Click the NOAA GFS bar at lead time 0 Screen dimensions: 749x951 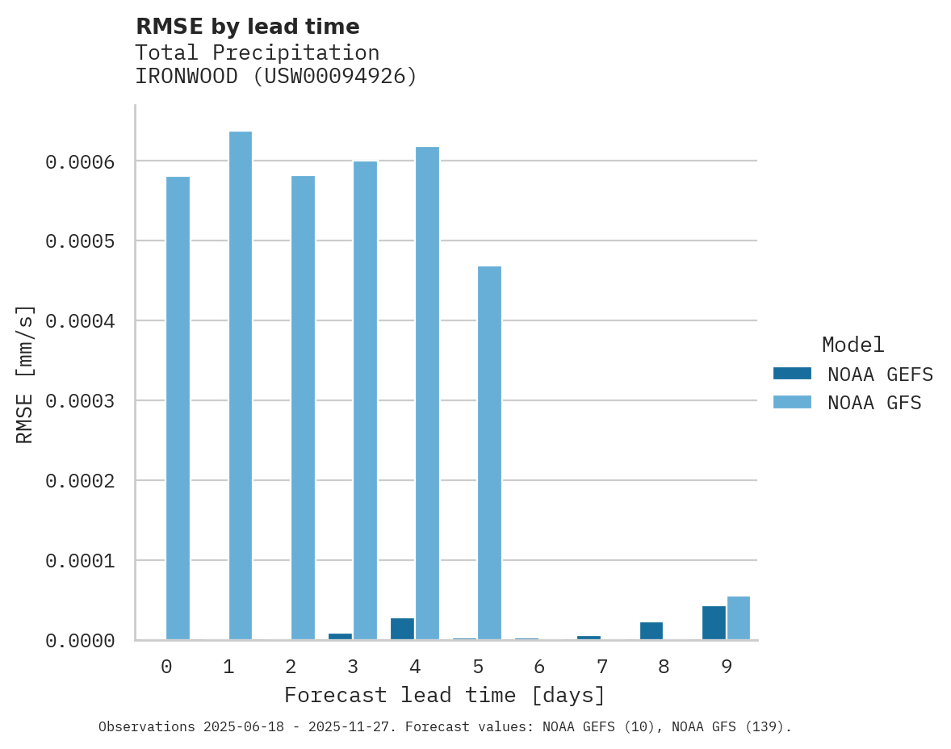(x=178, y=408)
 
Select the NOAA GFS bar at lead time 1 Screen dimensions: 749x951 (x=240, y=385)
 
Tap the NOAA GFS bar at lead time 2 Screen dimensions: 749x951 (x=303, y=408)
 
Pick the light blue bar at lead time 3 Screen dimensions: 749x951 (x=365, y=400)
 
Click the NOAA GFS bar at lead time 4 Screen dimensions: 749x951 (x=427, y=393)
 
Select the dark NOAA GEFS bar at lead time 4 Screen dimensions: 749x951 (x=402, y=629)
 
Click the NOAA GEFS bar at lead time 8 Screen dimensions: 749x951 (x=651, y=630)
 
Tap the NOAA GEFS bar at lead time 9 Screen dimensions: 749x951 (x=714, y=622)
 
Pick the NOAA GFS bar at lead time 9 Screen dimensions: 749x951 (x=739, y=617)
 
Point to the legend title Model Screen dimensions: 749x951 (x=853, y=345)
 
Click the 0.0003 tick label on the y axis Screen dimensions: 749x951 (x=80, y=401)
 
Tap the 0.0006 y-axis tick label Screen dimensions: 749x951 (x=80, y=162)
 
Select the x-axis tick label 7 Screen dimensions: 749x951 (x=601, y=667)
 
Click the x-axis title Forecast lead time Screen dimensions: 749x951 (x=444, y=695)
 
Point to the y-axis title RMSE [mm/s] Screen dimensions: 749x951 (x=25, y=374)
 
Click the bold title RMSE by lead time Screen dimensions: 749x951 (x=247, y=27)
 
